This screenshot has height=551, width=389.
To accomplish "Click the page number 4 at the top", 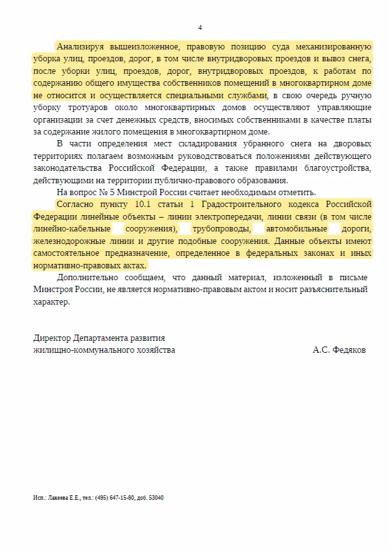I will click(200, 28).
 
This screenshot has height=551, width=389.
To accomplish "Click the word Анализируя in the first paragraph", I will click(81, 46).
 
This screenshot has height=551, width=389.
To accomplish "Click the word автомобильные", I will click(296, 229).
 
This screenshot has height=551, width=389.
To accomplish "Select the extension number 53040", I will click(156, 498).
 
